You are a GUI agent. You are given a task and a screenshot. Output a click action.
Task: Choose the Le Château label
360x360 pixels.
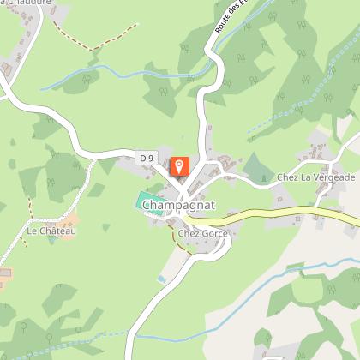(51, 231)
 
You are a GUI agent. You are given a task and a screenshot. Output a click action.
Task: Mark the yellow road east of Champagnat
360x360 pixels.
(283, 215)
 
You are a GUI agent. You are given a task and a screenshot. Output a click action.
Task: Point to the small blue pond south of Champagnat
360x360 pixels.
(160, 279)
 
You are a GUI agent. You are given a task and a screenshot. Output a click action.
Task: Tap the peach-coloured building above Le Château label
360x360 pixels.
(67, 219)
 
